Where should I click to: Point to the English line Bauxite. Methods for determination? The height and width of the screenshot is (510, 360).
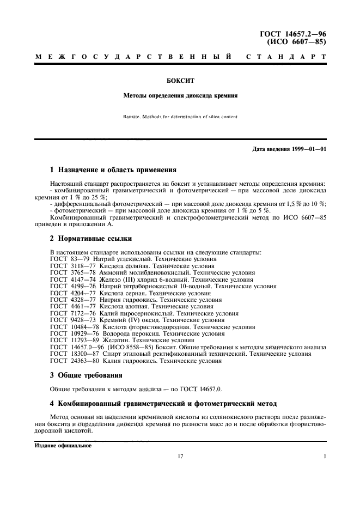(180, 117)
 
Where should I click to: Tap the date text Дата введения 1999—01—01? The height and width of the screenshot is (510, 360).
(289, 149)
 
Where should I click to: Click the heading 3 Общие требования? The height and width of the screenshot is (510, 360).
(86, 375)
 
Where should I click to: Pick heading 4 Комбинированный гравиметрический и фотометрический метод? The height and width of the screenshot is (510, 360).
(163, 403)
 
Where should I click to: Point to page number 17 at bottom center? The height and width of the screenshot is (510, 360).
(180, 457)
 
